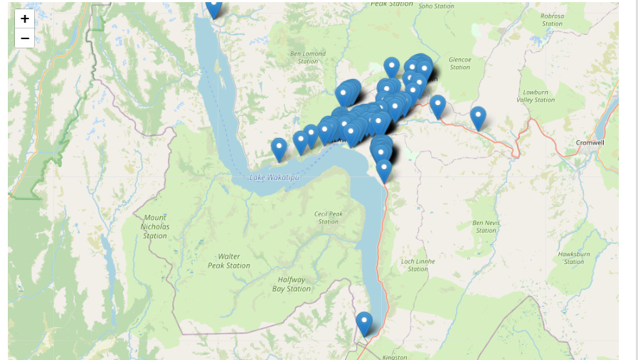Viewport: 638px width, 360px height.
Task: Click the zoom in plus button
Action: coord(25,19)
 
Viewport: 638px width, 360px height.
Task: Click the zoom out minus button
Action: coord(25,38)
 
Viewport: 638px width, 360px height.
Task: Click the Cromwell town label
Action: coord(590,142)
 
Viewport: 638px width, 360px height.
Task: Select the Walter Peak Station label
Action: coord(229,260)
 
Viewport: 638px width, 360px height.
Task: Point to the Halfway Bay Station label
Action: coord(292,284)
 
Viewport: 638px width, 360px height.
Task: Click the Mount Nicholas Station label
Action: coord(155,226)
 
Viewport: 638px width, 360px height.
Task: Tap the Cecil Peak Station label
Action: coord(329,217)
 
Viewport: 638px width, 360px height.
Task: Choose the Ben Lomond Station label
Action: coord(308,57)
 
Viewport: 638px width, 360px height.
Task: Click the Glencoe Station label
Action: coord(460,63)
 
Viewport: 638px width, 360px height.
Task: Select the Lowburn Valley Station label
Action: coord(536,96)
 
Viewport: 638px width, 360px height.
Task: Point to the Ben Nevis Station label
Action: coord(487,226)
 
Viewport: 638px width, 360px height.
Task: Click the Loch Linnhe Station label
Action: coord(418,265)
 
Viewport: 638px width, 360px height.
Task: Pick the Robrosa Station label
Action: coord(552,19)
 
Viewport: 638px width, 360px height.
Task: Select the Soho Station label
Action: coord(436,6)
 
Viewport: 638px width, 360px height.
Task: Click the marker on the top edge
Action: coord(213,8)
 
